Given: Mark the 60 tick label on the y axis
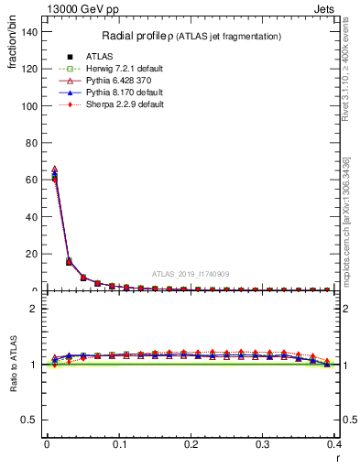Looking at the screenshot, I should tap(32, 180).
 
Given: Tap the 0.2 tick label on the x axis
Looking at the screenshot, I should tap(191, 443).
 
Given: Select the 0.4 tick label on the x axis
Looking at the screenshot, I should tap(334, 443).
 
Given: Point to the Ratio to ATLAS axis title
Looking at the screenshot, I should tap(14, 365).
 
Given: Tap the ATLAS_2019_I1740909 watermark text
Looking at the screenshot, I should tap(191, 274).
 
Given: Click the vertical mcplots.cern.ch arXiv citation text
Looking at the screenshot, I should tap(346, 220).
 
